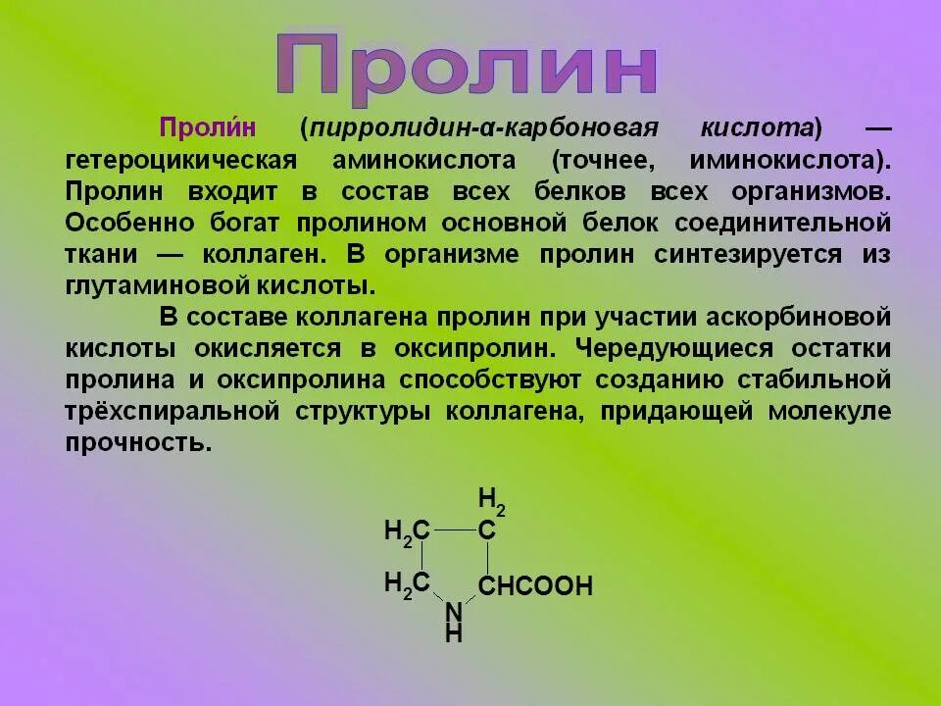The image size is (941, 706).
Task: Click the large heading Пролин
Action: click(x=466, y=67)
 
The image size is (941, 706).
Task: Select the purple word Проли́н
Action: click(x=207, y=128)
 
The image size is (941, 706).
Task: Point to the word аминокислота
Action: click(x=424, y=160)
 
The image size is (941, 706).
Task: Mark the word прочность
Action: click(x=138, y=442)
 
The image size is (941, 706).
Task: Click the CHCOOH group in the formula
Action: click(x=535, y=587)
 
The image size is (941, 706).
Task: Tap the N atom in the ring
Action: click(x=454, y=612)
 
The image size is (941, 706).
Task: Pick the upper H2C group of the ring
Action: click(x=407, y=531)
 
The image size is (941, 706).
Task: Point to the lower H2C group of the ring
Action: click(x=407, y=584)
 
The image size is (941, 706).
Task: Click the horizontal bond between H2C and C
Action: click(x=454, y=530)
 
